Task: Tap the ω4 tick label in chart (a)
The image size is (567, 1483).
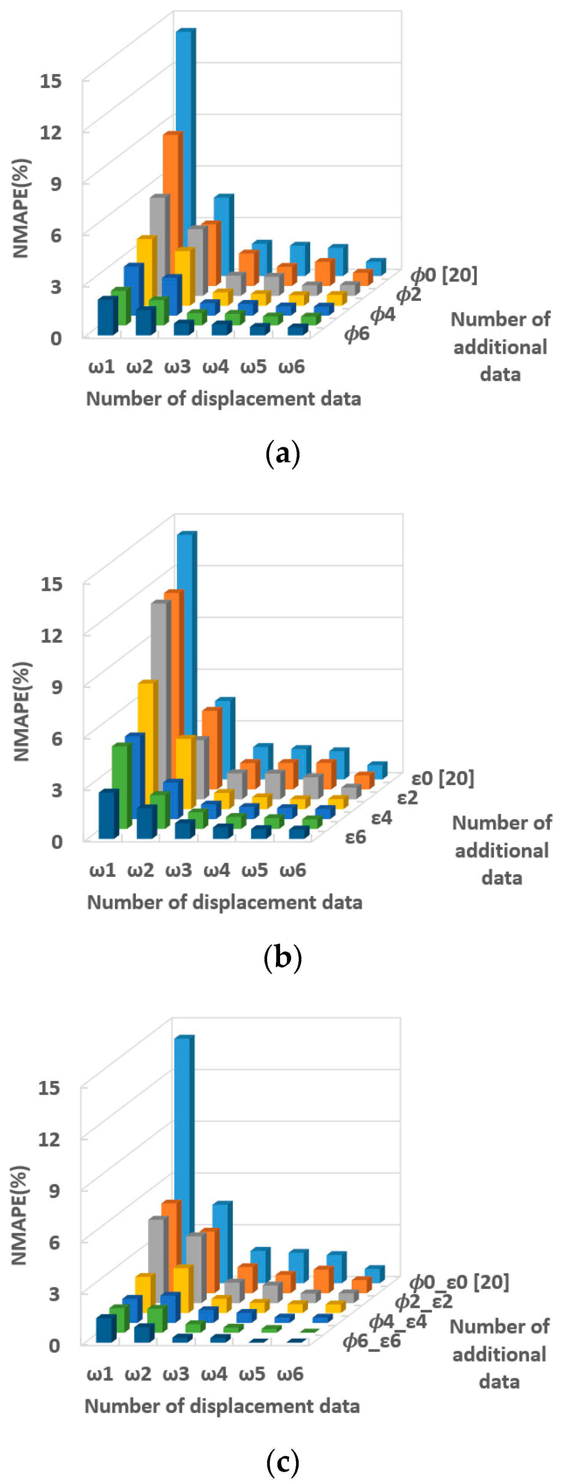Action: click(x=215, y=367)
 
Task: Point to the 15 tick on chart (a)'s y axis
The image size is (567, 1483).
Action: click(x=50, y=81)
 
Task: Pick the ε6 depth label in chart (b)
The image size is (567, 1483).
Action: click(x=355, y=837)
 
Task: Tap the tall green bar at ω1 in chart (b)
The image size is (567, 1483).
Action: click(x=120, y=786)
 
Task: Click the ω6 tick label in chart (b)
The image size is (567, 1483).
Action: click(x=292, y=870)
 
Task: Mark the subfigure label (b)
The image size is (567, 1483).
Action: click(x=283, y=958)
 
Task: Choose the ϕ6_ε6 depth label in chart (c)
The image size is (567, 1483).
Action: click(x=371, y=1341)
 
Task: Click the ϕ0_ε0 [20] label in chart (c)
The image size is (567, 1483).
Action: click(x=459, y=1282)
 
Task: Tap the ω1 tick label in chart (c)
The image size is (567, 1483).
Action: click(x=100, y=1374)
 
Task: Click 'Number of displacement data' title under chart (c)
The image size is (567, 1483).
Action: click(x=222, y=1405)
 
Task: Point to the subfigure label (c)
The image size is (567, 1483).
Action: click(x=283, y=1461)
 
